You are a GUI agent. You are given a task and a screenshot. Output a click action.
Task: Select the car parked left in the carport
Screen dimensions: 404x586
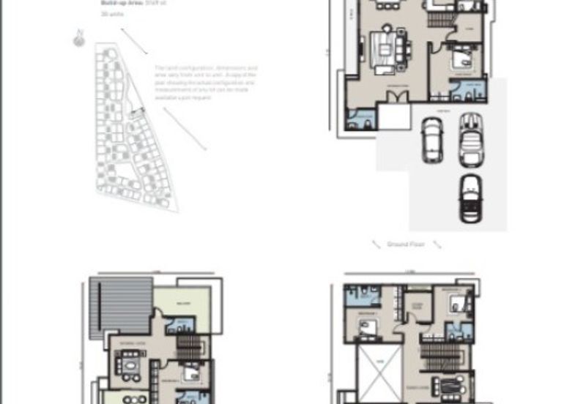coord(431,142)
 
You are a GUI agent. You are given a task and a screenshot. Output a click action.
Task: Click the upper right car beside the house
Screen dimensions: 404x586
coord(468,138)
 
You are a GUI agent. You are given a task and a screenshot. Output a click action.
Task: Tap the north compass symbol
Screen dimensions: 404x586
coord(78,37)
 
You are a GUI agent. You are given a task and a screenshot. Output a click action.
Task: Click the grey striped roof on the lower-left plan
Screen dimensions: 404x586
coord(120,307)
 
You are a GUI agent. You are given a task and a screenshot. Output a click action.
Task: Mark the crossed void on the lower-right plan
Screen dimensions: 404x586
coord(379,373)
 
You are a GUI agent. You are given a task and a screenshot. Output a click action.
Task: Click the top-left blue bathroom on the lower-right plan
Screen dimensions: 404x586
coord(362,296)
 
